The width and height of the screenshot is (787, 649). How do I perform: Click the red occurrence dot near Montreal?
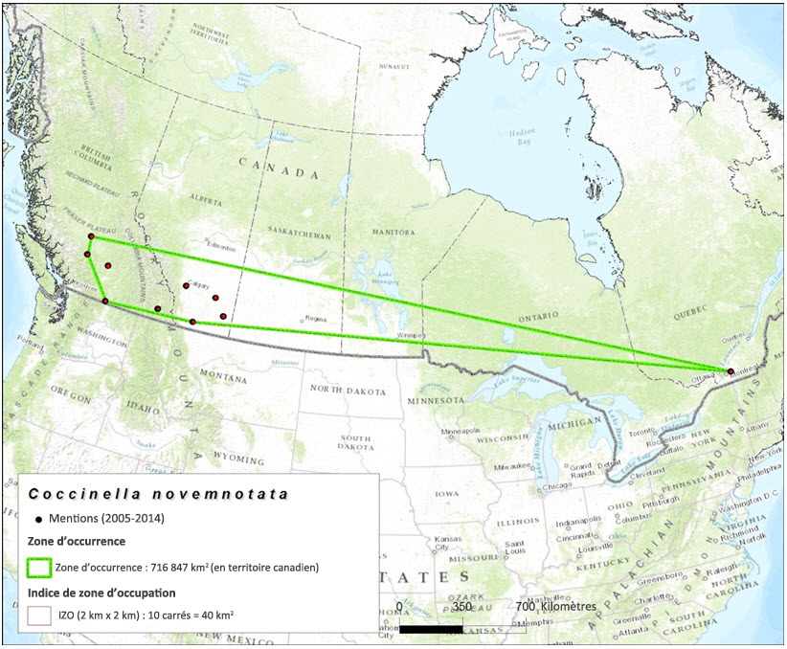tap(731, 371)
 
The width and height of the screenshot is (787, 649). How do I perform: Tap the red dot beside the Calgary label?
tap(186, 285)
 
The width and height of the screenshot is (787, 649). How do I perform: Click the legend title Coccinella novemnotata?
tap(158, 494)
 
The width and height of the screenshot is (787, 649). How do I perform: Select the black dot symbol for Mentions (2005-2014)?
tap(38, 518)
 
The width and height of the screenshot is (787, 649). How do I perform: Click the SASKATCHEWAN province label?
tap(298, 235)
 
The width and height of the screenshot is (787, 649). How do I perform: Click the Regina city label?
tap(315, 319)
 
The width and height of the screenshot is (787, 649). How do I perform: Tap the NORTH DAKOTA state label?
tap(347, 392)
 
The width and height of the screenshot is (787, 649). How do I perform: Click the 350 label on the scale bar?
tap(461, 607)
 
